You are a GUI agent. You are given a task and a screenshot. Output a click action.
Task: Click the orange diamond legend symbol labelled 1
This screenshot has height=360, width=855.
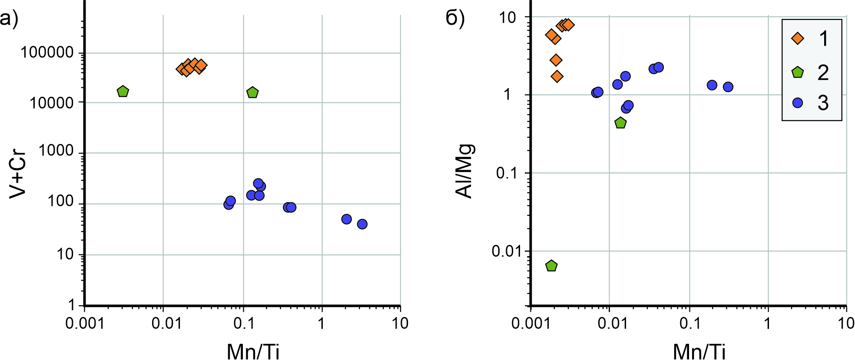[x=798, y=38]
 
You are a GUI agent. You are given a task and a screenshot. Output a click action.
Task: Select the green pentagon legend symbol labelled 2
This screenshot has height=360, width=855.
[x=798, y=72]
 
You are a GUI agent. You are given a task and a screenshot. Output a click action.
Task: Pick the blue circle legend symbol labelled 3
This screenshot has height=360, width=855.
[x=798, y=103]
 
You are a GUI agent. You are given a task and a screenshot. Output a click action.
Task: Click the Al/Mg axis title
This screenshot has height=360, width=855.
[x=465, y=171]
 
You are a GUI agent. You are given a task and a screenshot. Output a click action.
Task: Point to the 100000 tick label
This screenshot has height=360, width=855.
[x=47, y=53]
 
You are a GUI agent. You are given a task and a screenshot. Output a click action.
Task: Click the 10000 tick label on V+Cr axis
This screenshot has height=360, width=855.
[x=51, y=103]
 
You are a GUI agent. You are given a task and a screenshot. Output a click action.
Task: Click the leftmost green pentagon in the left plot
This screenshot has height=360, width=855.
[x=123, y=91]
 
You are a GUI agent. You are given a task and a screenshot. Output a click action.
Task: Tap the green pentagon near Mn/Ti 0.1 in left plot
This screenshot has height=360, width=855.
[x=252, y=92]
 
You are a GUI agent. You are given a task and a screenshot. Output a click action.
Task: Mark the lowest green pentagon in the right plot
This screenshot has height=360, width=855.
[x=551, y=266]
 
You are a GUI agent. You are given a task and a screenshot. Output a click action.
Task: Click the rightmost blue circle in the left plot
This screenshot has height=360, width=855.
[x=362, y=224]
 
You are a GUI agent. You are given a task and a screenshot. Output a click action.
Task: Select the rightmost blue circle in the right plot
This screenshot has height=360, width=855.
[x=728, y=87]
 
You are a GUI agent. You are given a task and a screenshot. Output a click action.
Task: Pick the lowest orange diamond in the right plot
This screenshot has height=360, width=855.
[x=557, y=76]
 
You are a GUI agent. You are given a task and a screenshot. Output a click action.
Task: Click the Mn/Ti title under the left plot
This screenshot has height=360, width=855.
[x=253, y=351]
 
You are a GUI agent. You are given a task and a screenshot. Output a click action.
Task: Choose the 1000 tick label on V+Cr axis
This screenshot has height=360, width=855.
[x=56, y=151]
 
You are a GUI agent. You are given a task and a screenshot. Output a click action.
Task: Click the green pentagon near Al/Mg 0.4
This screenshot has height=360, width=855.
[x=621, y=123]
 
